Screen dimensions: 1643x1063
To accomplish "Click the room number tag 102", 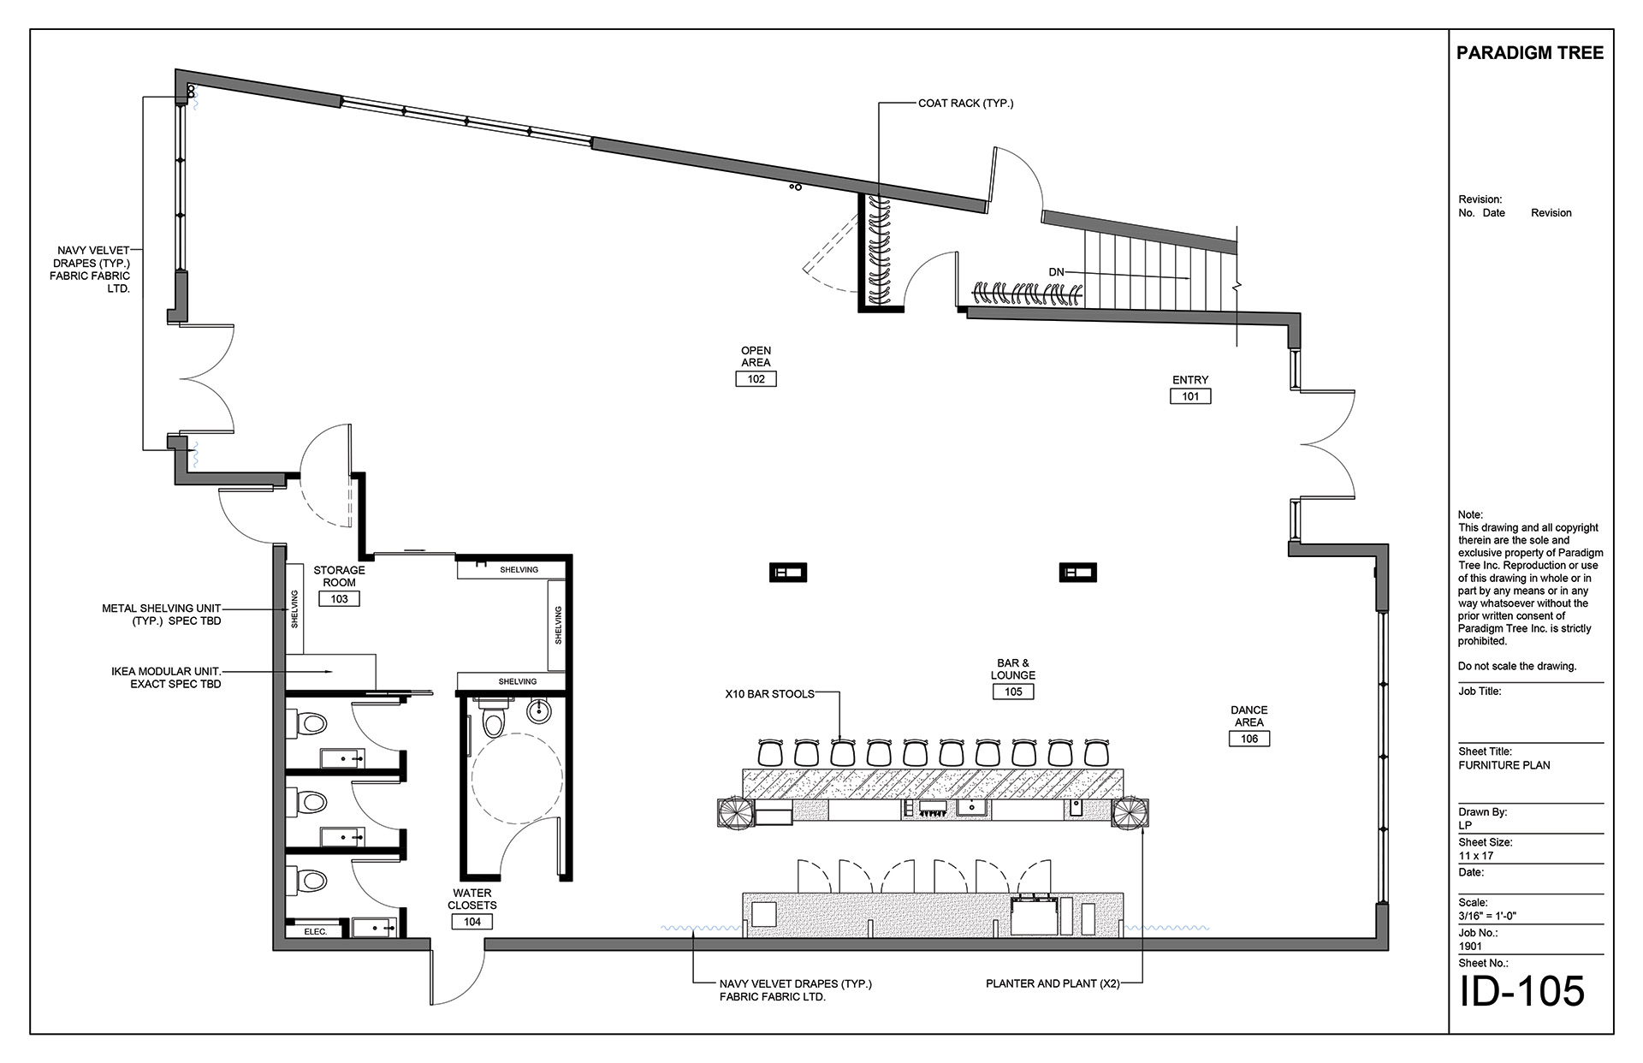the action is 756,379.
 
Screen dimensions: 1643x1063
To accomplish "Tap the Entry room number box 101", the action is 1190,396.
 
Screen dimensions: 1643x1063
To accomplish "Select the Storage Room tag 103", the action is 339,599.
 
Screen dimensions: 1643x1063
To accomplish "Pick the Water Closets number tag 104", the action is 472,922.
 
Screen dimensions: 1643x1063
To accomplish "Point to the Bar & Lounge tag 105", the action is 1013,692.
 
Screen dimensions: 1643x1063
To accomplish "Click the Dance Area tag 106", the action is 1249,739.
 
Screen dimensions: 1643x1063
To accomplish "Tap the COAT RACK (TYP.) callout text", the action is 965,104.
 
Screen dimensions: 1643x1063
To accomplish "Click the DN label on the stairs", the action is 1056,272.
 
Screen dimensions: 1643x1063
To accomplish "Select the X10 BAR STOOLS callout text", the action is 770,694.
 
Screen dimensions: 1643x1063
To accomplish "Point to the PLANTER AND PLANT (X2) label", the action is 1053,984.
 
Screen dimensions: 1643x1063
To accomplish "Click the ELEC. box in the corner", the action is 316,930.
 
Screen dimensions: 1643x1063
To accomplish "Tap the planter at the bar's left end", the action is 736,812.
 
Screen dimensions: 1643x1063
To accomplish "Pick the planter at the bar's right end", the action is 1130,812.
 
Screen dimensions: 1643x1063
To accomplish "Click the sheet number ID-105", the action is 1521,991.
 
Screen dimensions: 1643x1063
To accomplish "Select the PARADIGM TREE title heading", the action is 1530,53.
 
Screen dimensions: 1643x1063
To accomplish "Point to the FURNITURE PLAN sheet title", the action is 1504,766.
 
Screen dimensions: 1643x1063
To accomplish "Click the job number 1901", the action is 1471,947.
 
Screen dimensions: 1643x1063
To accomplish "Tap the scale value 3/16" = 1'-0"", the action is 1487,917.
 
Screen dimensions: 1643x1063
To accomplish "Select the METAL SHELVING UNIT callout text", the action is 162,615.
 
